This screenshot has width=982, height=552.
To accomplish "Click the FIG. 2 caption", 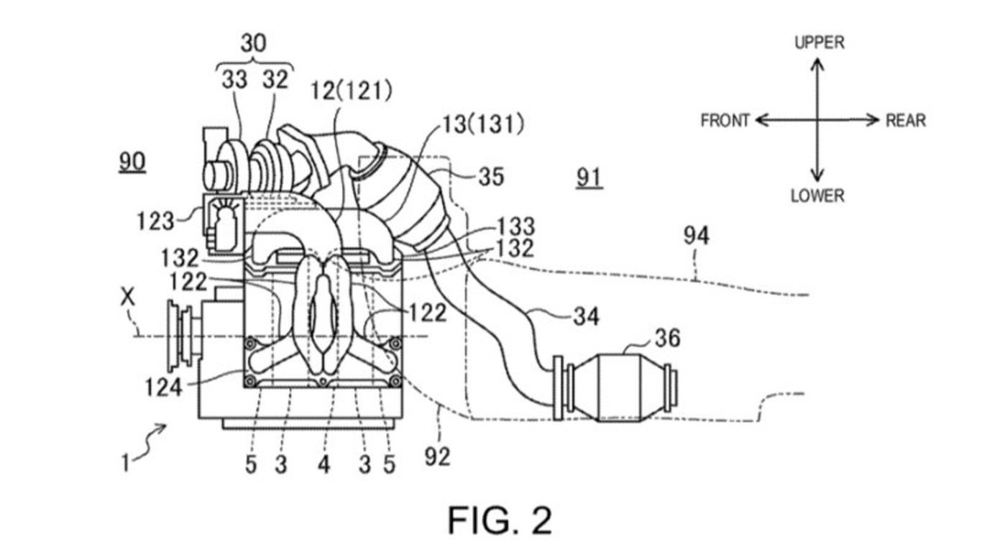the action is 500,520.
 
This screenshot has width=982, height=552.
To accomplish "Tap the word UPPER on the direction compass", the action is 820,42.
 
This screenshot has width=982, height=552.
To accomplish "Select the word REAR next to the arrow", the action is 906,120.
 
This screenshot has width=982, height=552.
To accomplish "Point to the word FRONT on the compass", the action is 725,120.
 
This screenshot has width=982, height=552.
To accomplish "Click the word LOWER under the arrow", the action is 817,195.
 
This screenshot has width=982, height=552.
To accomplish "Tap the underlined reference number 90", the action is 132,162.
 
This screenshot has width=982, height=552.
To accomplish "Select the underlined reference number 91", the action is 589,178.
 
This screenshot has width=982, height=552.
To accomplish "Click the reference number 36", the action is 667,339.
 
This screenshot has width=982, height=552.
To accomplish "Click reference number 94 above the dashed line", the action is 696,236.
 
